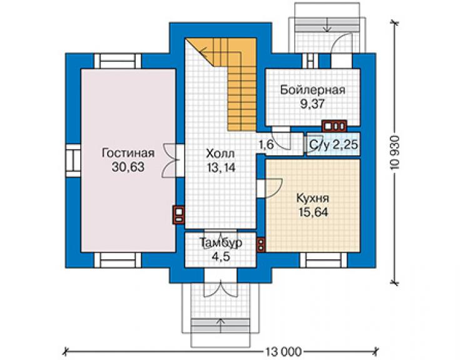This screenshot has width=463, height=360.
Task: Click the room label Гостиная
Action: click(x=128, y=153)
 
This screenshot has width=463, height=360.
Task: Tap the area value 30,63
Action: click(x=128, y=167)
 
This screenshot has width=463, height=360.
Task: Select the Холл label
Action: click(x=221, y=153)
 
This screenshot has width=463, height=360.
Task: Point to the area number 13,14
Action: click(x=221, y=168)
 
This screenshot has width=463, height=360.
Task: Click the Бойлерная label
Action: click(x=313, y=90)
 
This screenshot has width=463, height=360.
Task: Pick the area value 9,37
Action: click(x=313, y=103)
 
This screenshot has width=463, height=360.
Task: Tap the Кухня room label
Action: click(x=313, y=198)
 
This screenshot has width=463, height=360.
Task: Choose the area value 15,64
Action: click(x=313, y=212)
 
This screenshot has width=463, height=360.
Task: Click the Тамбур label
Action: click(x=221, y=243)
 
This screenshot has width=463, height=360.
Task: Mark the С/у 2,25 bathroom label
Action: click(x=333, y=145)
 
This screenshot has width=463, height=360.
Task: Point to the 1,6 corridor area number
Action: click(x=267, y=145)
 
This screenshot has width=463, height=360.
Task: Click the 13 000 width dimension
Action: click(x=283, y=352)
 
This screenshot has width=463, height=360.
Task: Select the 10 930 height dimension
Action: click(x=394, y=153)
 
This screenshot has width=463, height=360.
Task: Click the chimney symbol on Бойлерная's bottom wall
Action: click(x=334, y=126)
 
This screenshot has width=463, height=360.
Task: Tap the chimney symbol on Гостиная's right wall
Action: click(x=179, y=215)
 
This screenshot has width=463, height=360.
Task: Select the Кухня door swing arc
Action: click(x=275, y=187)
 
